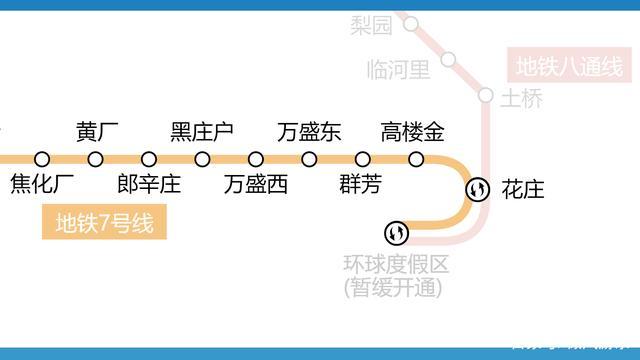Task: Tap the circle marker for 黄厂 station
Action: click(x=96, y=159)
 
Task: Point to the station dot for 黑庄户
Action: click(x=203, y=159)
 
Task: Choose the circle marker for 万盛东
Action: click(x=309, y=159)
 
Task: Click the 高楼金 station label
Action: click(x=413, y=132)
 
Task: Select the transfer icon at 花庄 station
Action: click(x=478, y=189)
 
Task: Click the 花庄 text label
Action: click(x=523, y=189)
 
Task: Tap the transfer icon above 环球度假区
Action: click(x=397, y=233)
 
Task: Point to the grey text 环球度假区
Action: click(x=396, y=265)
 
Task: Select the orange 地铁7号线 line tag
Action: click(x=104, y=223)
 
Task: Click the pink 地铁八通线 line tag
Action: click(x=568, y=68)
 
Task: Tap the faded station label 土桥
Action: click(x=521, y=99)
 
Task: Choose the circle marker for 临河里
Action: click(x=449, y=60)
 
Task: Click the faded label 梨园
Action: click(x=371, y=25)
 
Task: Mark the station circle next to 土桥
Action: click(x=486, y=95)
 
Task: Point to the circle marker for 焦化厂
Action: click(x=42, y=159)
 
